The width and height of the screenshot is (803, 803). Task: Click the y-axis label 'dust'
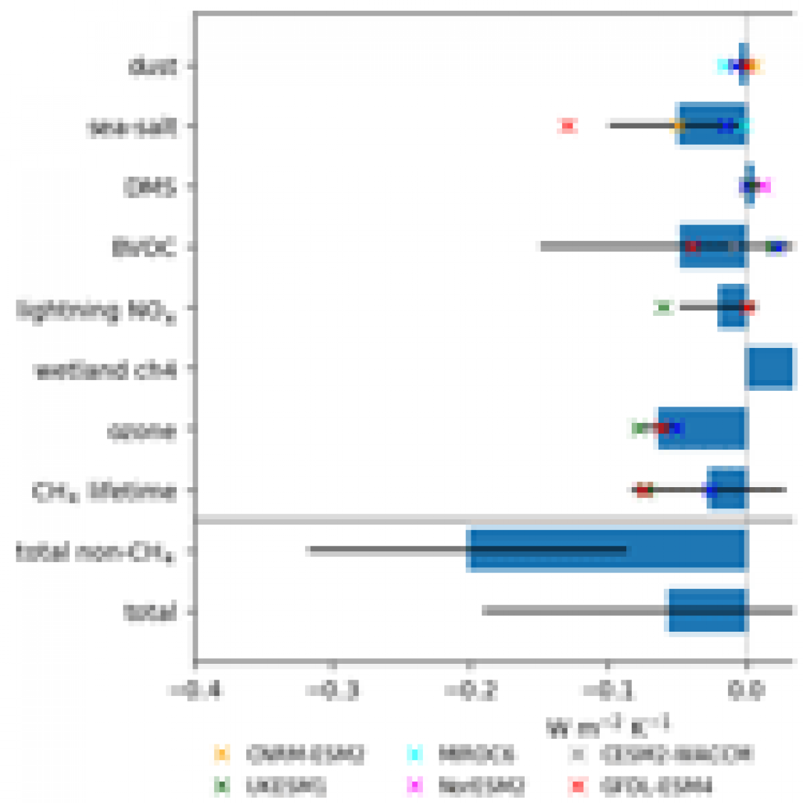pyautogui.click(x=152, y=67)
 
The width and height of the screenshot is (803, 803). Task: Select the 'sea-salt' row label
pyautogui.click(x=132, y=127)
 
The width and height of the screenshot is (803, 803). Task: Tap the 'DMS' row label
pyautogui.click(x=149, y=187)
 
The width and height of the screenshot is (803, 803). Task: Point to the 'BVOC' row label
pyautogui.click(x=144, y=247)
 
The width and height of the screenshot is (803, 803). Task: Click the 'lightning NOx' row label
pyautogui.click(x=96, y=310)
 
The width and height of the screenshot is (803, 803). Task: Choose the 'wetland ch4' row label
pyautogui.click(x=105, y=370)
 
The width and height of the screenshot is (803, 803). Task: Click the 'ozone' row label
pyautogui.click(x=141, y=430)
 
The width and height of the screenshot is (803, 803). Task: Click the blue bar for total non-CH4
pyautogui.click(x=607, y=549)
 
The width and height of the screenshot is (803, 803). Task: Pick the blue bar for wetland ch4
pyautogui.click(x=772, y=368)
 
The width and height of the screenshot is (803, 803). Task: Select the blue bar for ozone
pyautogui.click(x=703, y=428)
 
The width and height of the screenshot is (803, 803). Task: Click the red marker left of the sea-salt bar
pyautogui.click(x=568, y=126)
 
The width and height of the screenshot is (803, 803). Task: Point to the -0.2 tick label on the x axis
pyautogui.click(x=469, y=690)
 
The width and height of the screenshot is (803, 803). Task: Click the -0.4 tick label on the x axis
pyautogui.click(x=194, y=690)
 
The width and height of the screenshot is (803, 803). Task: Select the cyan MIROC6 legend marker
pyautogui.click(x=414, y=754)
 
